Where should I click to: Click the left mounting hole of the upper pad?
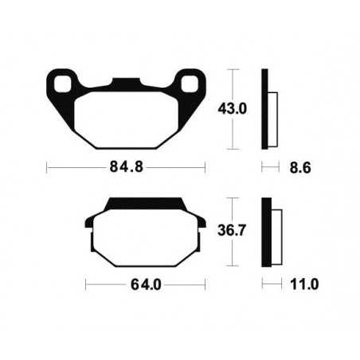click(x=61, y=82)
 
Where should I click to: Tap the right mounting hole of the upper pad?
click(x=192, y=82)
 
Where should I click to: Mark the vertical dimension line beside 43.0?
click(x=233, y=109)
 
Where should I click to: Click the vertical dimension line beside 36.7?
click(x=233, y=231)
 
